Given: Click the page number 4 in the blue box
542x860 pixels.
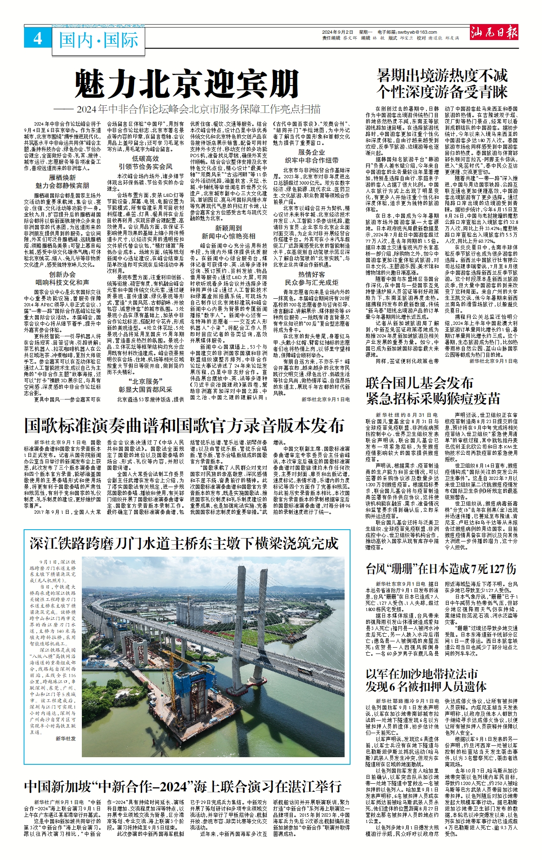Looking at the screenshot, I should pyautogui.click(x=38, y=39).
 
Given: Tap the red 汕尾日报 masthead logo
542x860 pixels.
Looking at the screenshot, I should pyautogui.click(x=494, y=32).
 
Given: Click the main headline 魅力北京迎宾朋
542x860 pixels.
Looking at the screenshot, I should pyautogui.click(x=187, y=85).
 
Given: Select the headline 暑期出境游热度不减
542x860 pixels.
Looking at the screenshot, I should pyautogui.click(x=442, y=76).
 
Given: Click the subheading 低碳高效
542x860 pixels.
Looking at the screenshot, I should pyautogui.click(x=146, y=158).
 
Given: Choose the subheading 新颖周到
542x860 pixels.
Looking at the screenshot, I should pyautogui.click(x=228, y=228).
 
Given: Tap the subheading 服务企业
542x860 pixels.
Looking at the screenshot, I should pyautogui.click(x=312, y=152).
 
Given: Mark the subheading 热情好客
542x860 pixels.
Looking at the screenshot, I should pyautogui.click(x=312, y=274).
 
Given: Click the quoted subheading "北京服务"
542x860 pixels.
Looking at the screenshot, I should pyautogui.click(x=146, y=381).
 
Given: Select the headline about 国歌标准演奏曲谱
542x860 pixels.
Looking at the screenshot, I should pyautogui.click(x=184, y=426).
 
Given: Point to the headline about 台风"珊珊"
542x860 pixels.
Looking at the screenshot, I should pyautogui.click(x=441, y=569).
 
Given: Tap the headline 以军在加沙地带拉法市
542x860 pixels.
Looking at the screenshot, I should pyautogui.click(x=422, y=673).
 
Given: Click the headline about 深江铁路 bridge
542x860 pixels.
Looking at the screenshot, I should pyautogui.click(x=184, y=544).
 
